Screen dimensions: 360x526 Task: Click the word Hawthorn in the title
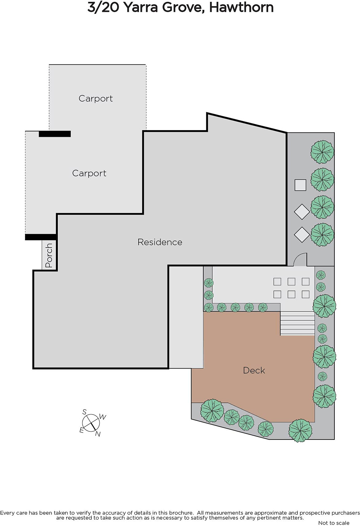[x=241, y=8]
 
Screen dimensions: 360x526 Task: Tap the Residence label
[x=160, y=242]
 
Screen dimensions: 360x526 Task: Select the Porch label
[x=49, y=255]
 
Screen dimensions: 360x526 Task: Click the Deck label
[x=254, y=370]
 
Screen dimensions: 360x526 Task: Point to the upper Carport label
[x=96, y=98]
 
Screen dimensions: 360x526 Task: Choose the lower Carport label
[x=89, y=173]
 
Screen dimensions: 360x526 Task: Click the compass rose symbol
[x=91, y=423]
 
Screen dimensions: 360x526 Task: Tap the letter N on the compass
[x=98, y=434]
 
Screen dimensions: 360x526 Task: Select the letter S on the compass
[x=84, y=412]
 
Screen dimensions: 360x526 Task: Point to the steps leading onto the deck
[x=297, y=323]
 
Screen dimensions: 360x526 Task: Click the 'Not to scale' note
[x=334, y=523]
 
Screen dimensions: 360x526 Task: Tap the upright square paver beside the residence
[x=301, y=185]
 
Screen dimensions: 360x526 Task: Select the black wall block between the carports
[x=55, y=134]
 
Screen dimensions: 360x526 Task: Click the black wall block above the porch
[x=41, y=237]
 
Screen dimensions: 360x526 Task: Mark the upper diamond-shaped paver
[x=302, y=212]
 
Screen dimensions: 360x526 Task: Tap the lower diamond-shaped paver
[x=302, y=235]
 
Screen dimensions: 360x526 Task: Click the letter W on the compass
[x=102, y=417]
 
